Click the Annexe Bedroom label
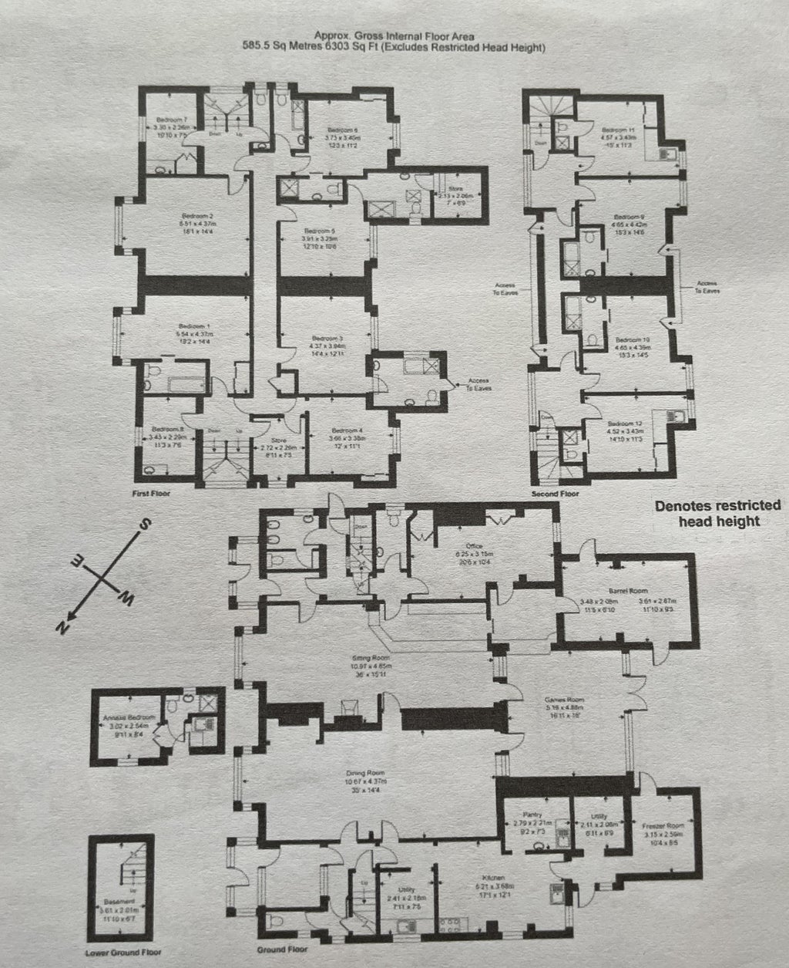[x=129, y=717]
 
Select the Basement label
[x=119, y=900]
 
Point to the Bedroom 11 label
[x=617, y=130]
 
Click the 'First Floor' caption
[x=150, y=492]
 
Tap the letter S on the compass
[x=143, y=524]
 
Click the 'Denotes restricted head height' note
[x=707, y=514]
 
